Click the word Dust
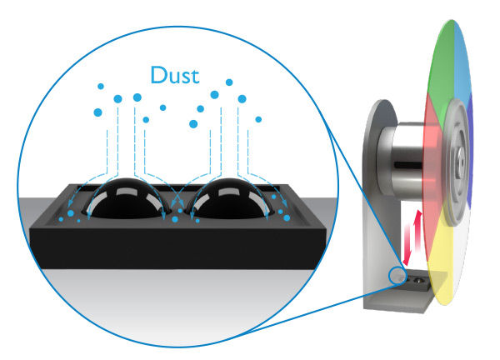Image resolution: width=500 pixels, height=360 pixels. point(175,74)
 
